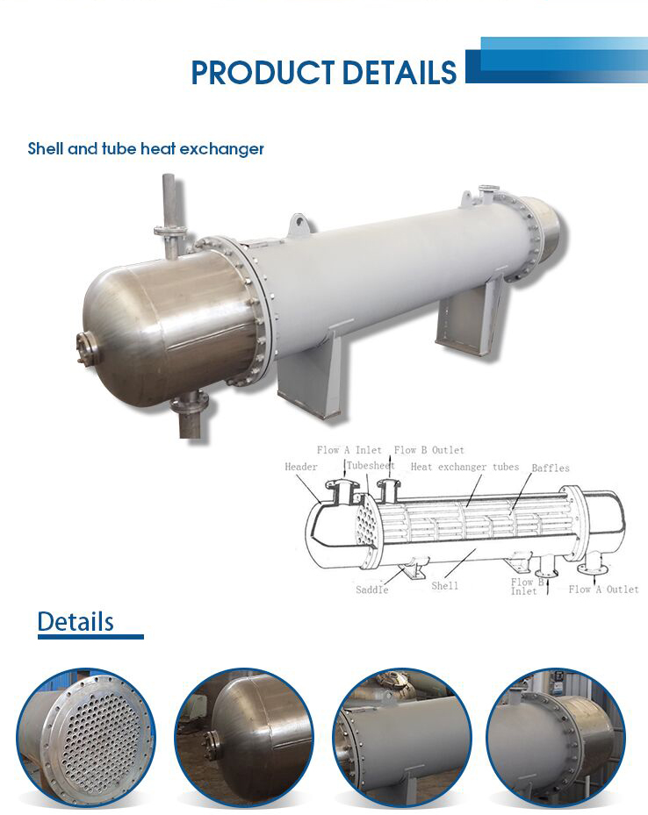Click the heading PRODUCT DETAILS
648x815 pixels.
point(324,73)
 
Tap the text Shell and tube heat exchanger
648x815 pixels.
point(146,149)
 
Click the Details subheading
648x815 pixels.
point(76,622)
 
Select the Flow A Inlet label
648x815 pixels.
point(349,450)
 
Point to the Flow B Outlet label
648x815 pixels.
point(428,450)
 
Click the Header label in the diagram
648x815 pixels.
point(300,467)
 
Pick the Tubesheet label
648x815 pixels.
point(370,466)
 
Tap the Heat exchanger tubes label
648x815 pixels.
point(464,467)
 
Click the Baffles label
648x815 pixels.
point(550,468)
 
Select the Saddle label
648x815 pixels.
point(371,590)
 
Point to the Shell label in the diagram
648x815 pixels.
point(444,585)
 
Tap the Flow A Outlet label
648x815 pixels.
point(603,590)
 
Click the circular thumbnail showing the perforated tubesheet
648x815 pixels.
point(85,736)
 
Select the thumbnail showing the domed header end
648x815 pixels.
point(244,736)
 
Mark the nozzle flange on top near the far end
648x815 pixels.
point(488,190)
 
